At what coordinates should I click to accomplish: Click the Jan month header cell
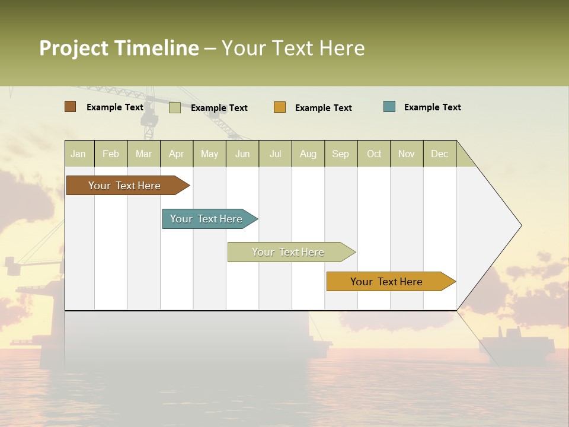79,154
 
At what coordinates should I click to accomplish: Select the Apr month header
177,154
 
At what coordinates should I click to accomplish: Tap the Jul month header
276,154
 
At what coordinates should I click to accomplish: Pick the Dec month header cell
440,154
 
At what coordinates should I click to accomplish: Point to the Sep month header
341,154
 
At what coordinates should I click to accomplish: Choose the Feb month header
111,154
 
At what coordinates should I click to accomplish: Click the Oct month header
374,154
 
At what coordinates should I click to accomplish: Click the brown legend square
71,107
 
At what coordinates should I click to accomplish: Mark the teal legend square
389,107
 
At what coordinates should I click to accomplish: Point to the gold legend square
280,107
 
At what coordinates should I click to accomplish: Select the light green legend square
175,107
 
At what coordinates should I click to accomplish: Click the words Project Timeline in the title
119,48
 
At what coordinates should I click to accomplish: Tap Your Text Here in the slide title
293,48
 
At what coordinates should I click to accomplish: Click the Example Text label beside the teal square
432,107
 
